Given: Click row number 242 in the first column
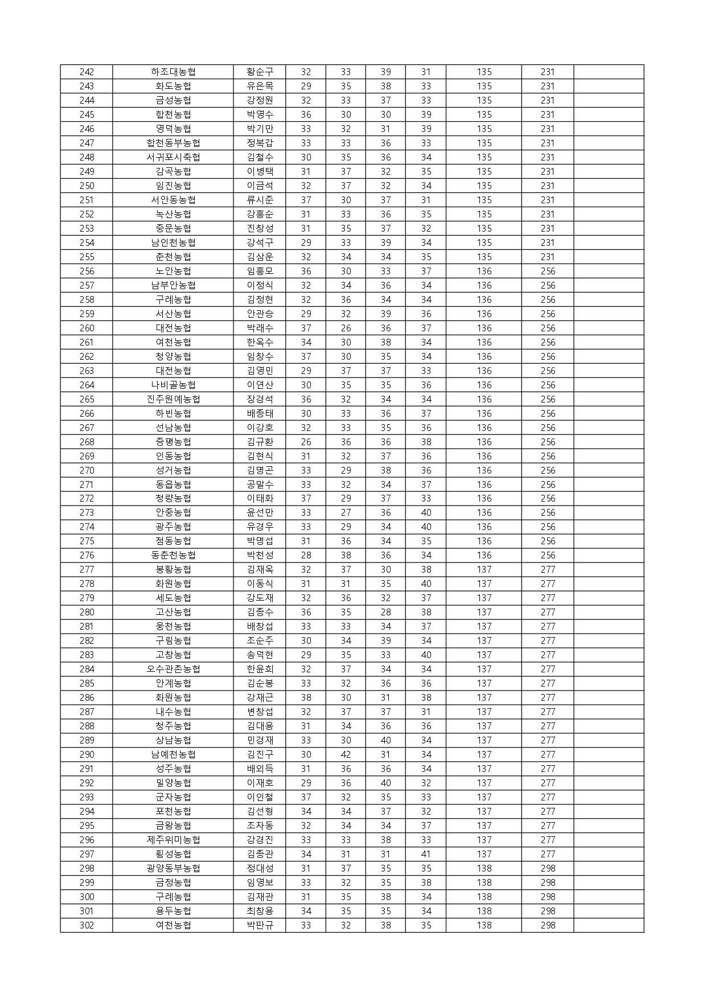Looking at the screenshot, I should [87, 72].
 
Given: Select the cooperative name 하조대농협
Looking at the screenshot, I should [173, 72].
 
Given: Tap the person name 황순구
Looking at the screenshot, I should [260, 72].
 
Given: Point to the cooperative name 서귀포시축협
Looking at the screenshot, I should [173, 157].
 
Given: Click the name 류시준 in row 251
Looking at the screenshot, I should [260, 200].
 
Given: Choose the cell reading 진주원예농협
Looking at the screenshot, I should [173, 399].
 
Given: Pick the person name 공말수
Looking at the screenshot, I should [260, 484].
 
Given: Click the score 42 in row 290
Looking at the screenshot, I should [346, 754].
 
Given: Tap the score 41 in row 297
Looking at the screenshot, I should [426, 854].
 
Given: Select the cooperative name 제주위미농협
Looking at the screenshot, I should [173, 840].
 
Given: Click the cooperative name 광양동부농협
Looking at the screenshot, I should [173, 868].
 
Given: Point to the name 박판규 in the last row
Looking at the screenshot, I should [260, 925].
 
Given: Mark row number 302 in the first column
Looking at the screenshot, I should [87, 925].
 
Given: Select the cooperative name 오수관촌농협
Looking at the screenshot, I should [173, 669].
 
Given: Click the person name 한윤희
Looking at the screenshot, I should [260, 669].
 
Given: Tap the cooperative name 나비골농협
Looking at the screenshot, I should [173, 385].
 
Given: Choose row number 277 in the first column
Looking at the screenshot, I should [87, 569].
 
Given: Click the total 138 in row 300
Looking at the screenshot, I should [484, 897].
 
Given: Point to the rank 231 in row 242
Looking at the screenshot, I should [547, 72].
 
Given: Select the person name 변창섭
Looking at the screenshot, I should [260, 712].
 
